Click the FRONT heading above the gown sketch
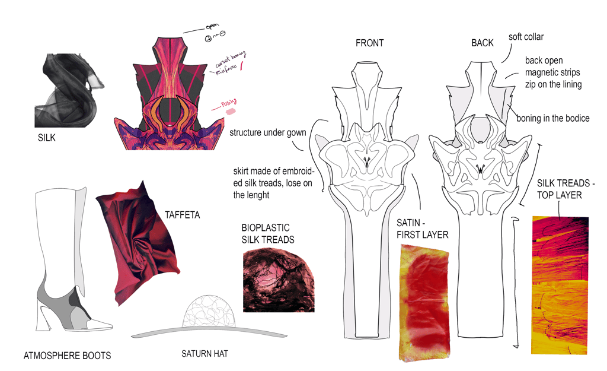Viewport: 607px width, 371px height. [369, 43]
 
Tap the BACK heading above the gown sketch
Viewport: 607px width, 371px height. [482, 43]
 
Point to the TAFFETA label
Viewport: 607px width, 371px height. [182, 215]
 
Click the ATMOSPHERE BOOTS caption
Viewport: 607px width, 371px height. [67, 356]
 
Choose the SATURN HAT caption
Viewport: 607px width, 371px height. [205, 354]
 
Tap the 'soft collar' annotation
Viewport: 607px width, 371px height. [526, 37]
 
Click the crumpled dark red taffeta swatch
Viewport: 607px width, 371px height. [138, 243]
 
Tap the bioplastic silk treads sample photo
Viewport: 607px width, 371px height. [279, 281]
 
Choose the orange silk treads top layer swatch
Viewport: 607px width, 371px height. [560, 285]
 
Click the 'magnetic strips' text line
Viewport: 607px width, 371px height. [552, 72]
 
